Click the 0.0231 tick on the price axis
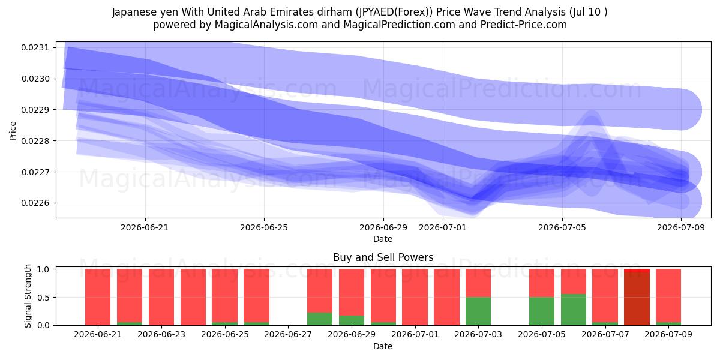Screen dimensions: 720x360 [x=35, y=47]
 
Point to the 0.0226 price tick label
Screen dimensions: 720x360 [x=35, y=203]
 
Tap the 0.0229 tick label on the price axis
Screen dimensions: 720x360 [x=35, y=110]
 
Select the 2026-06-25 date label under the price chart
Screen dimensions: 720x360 [x=264, y=227]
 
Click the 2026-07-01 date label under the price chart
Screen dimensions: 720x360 [x=443, y=227]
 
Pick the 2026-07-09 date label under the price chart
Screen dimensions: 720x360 [x=681, y=227]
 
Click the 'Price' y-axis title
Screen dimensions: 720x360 [x=13, y=131]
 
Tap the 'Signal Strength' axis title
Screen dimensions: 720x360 [x=28, y=296]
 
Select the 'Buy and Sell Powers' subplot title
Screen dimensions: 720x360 [x=383, y=257]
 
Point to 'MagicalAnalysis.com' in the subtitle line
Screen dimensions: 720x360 [x=266, y=25]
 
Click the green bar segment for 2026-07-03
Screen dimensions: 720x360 [x=478, y=311]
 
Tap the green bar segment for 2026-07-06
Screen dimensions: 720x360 [x=574, y=310]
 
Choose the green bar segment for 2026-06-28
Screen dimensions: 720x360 [x=319, y=319]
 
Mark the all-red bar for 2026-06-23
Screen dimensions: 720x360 [x=161, y=297]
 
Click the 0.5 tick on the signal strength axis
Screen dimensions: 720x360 [x=43, y=298]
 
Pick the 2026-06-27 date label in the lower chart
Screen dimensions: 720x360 [x=288, y=334]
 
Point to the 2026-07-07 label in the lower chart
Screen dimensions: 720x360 [x=605, y=334]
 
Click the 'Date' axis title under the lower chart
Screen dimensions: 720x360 [x=383, y=346]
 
